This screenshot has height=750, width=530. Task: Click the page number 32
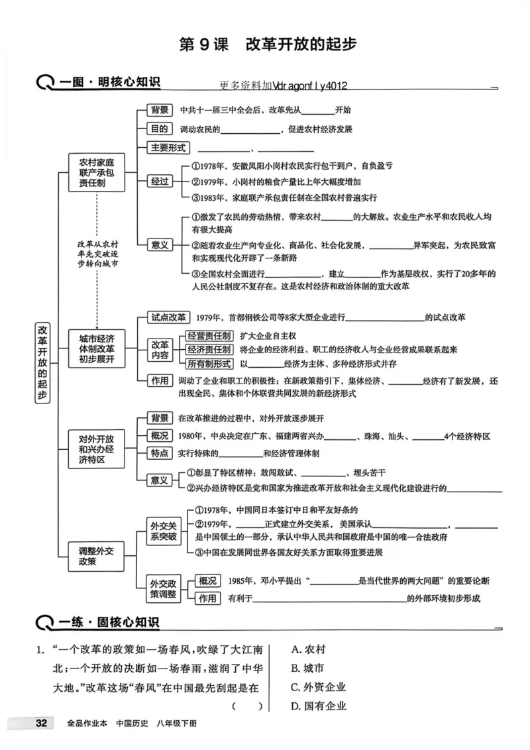click(x=41, y=722)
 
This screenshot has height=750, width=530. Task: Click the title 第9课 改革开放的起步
click(x=268, y=44)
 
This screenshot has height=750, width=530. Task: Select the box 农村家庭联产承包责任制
click(x=97, y=172)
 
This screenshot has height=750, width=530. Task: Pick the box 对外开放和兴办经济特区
click(x=97, y=449)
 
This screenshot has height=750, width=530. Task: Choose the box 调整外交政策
click(x=97, y=556)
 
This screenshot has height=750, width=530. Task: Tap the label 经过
click(x=160, y=181)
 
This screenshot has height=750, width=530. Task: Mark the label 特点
click(x=159, y=453)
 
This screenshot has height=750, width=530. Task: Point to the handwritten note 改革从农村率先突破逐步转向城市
click(x=97, y=254)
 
